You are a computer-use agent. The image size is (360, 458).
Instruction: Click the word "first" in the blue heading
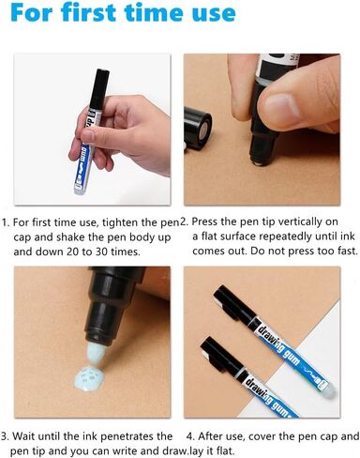tap(89, 12)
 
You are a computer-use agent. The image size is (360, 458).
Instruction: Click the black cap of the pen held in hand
tap(98, 88)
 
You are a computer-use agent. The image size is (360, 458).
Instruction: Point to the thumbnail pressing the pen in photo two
tap(279, 109)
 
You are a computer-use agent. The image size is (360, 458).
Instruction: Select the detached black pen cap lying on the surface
tap(198, 128)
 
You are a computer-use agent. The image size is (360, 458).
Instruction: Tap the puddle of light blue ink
tap(87, 377)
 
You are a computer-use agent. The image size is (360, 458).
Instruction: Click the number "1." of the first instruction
tap(7, 222)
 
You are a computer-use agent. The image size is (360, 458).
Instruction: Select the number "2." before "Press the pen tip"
tap(185, 221)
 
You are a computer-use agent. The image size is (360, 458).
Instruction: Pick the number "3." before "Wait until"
tap(6, 436)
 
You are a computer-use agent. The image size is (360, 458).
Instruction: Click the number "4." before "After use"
tap(191, 435)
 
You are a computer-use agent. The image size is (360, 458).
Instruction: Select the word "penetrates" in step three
tap(127, 436)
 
